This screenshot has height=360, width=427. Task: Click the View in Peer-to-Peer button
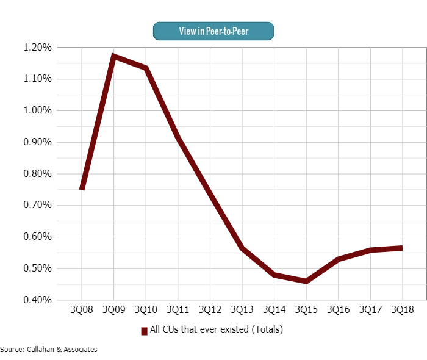pyautogui.click(x=213, y=31)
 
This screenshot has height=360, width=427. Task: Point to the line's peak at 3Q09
pyautogui.click(x=114, y=56)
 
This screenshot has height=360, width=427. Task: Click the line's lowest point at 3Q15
pyautogui.click(x=306, y=281)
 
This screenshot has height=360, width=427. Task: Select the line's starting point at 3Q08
pyautogui.click(x=82, y=189)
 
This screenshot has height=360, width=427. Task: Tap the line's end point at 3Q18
pyautogui.click(x=402, y=248)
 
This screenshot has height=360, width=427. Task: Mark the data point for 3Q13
pyautogui.click(x=242, y=248)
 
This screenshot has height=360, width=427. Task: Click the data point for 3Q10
pyautogui.click(x=146, y=68)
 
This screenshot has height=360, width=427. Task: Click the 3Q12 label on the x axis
pyautogui.click(x=210, y=310)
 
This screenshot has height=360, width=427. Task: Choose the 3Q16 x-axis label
pyautogui.click(x=338, y=310)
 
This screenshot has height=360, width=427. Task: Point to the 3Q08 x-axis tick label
pyautogui.click(x=82, y=310)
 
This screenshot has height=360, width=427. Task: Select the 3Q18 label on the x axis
pyautogui.click(x=402, y=310)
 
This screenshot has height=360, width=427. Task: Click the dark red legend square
pyautogui.click(x=145, y=331)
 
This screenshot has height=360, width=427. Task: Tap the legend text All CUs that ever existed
pyautogui.click(x=216, y=330)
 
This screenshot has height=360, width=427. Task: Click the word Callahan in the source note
pyautogui.click(x=37, y=350)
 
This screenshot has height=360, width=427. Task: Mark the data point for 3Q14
pyautogui.click(x=274, y=275)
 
